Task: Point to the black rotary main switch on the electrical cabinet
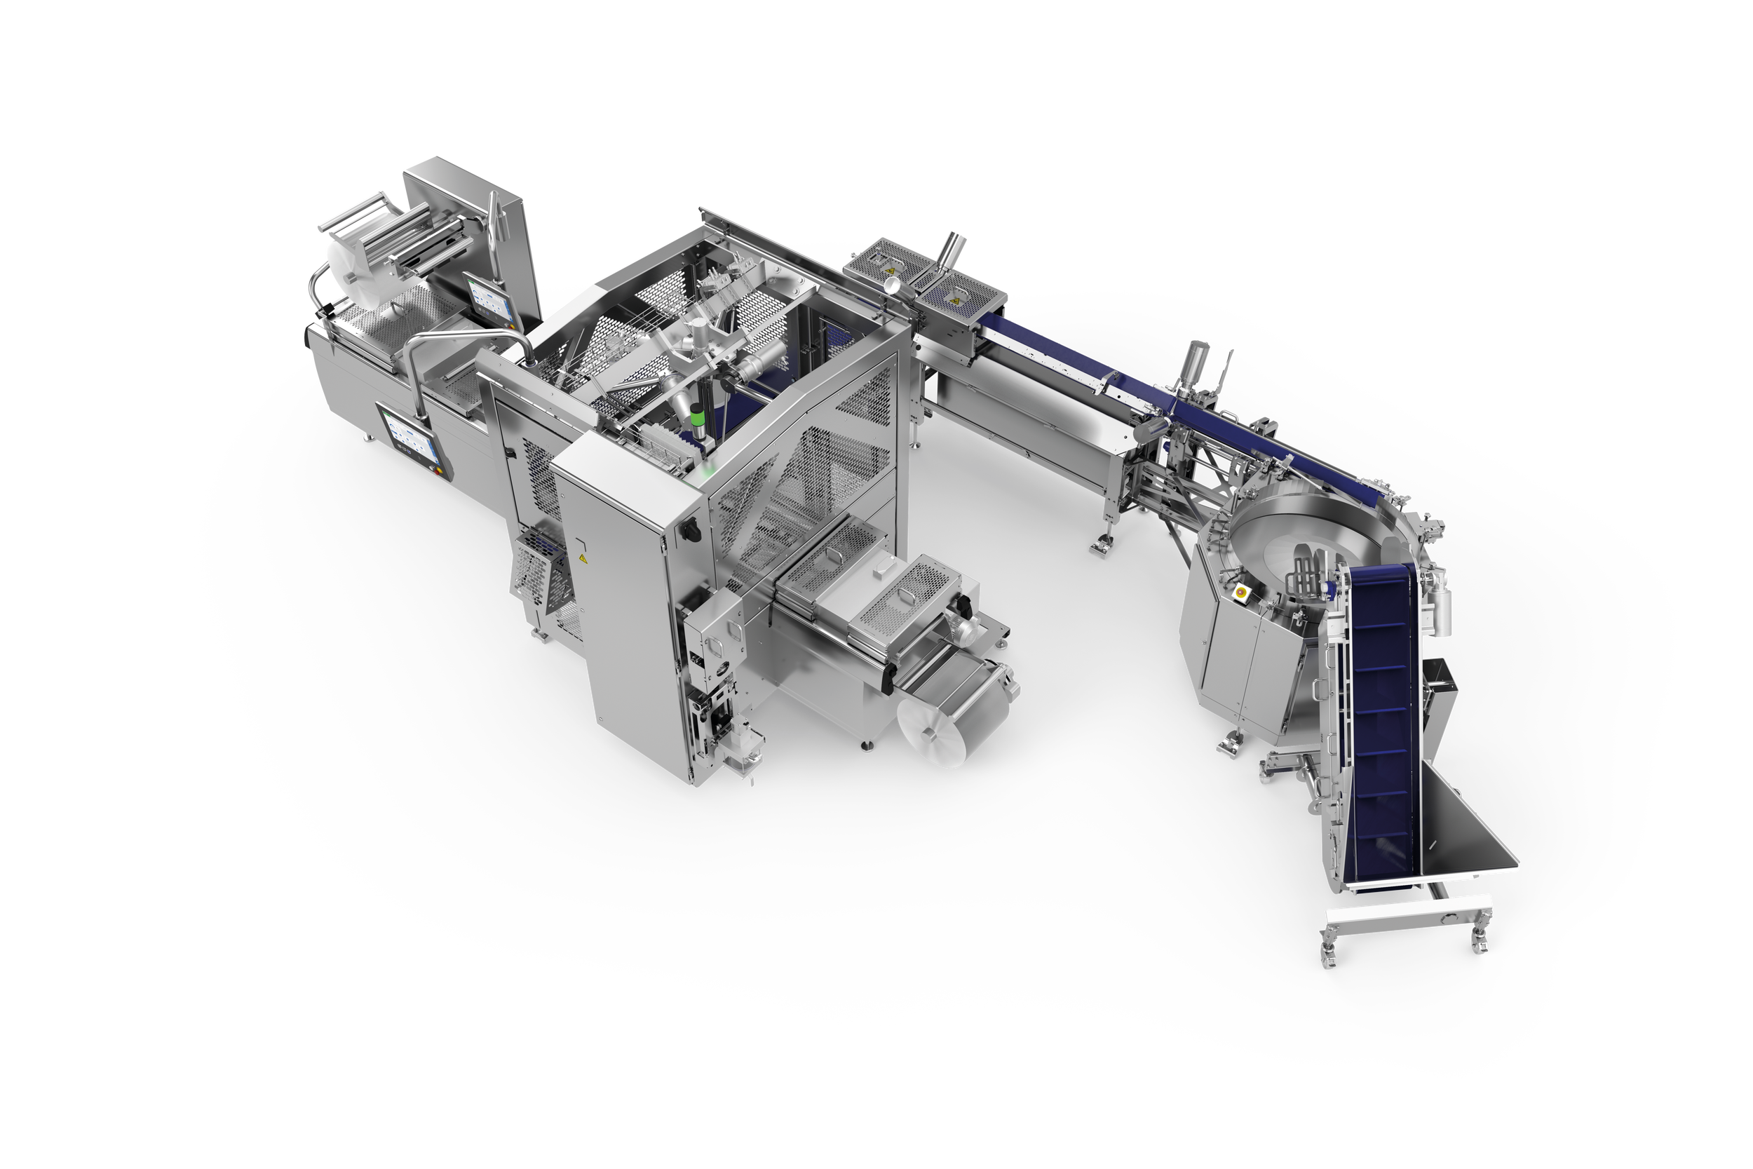[689, 529]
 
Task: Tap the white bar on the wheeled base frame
[1409, 912]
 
